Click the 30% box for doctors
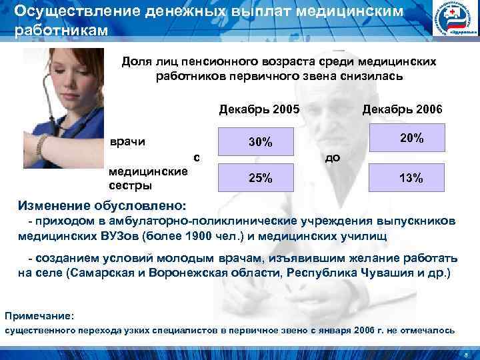pos(259,142)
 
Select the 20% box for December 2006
pos(411,139)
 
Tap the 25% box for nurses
pos(259,178)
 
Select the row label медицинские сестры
pos(147,177)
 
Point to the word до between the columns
pos(331,158)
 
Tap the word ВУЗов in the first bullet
pos(119,235)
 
